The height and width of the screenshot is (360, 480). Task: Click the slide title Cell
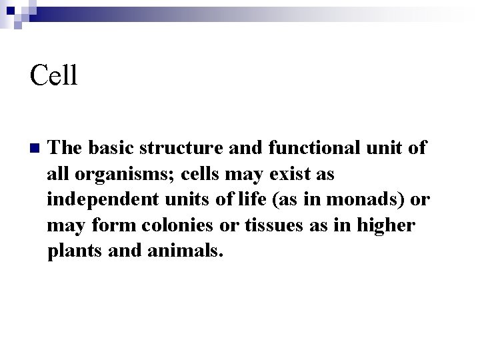click(54, 75)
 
